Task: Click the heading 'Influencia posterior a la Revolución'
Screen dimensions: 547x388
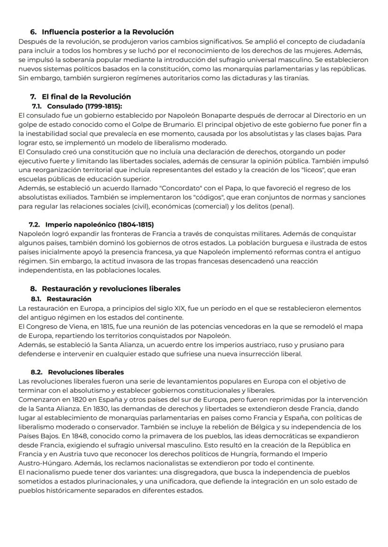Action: click(107, 32)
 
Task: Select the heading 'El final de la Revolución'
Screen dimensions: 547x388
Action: click(86, 97)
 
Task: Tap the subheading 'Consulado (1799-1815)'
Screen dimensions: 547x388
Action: click(84, 106)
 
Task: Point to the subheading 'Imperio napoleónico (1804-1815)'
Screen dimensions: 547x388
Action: click(101, 225)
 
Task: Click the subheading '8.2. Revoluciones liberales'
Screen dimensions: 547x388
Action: click(77, 372)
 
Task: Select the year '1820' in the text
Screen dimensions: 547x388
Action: click(75, 399)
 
